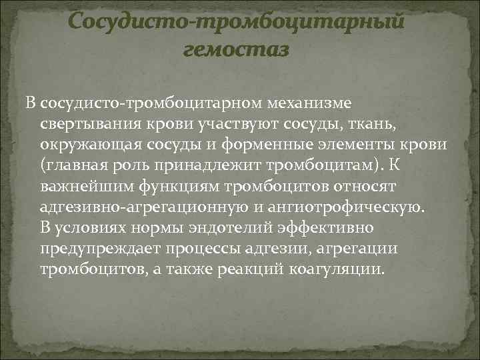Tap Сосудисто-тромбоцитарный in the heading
(x=237, y=21)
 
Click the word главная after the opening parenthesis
(x=74, y=166)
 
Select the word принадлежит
(x=198, y=166)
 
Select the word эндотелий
(x=229, y=228)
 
